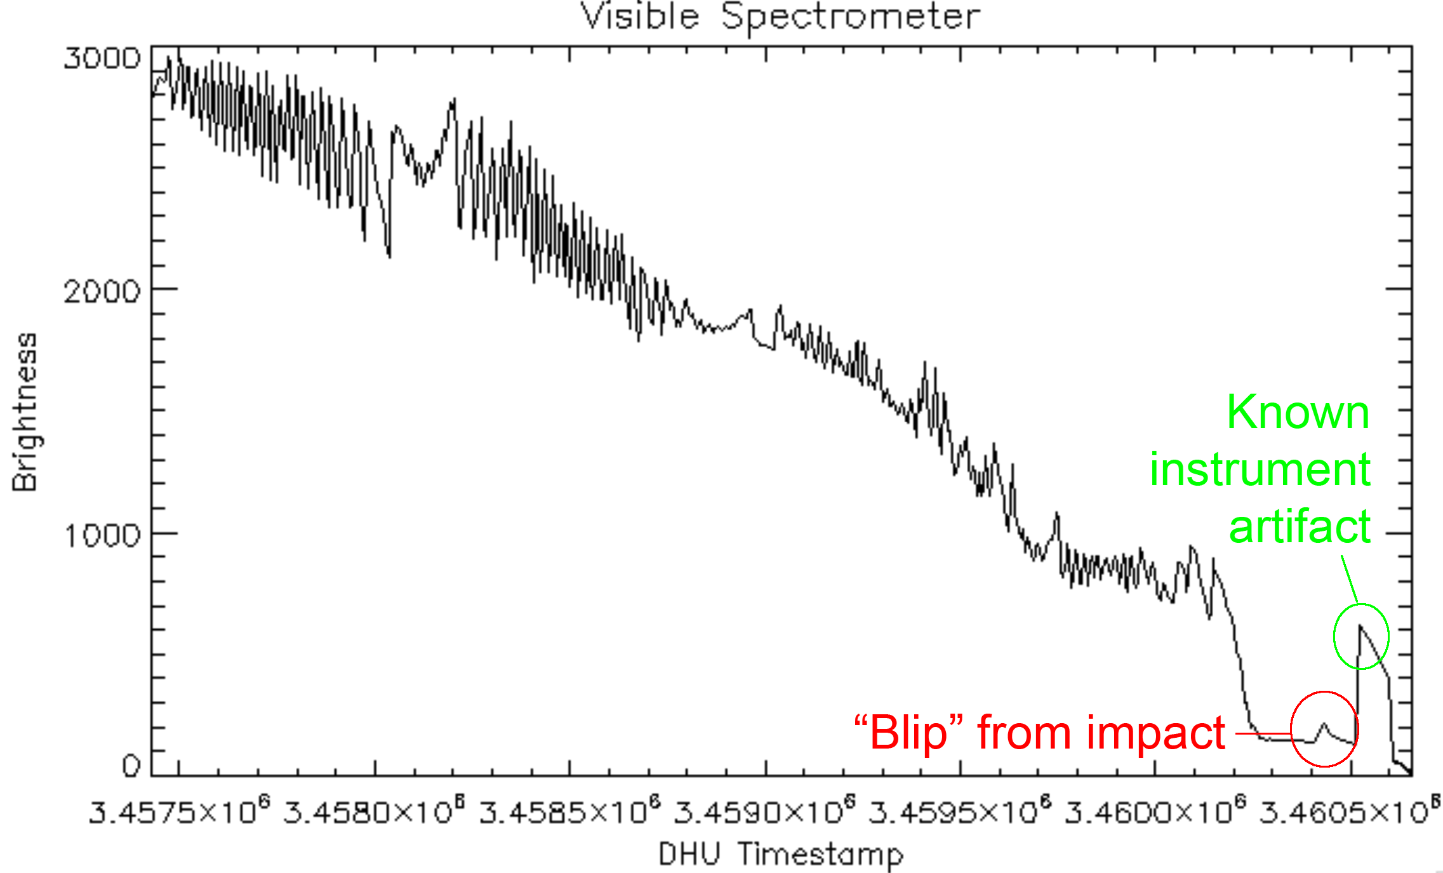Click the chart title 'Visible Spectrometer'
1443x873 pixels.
click(x=780, y=17)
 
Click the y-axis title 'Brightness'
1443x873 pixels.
click(x=25, y=412)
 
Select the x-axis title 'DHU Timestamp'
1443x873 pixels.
click(x=780, y=853)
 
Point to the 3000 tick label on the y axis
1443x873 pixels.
click(x=102, y=58)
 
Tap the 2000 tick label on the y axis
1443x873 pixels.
click(x=102, y=291)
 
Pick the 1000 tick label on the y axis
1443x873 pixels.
click(x=102, y=535)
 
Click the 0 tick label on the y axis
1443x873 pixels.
click(x=131, y=766)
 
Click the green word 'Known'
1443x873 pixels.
click(x=1298, y=412)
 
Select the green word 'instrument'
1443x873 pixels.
click(x=1260, y=469)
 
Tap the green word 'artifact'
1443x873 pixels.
click(x=1300, y=526)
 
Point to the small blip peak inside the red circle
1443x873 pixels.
click(x=1324, y=724)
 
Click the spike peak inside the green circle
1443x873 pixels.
click(x=1359, y=626)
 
